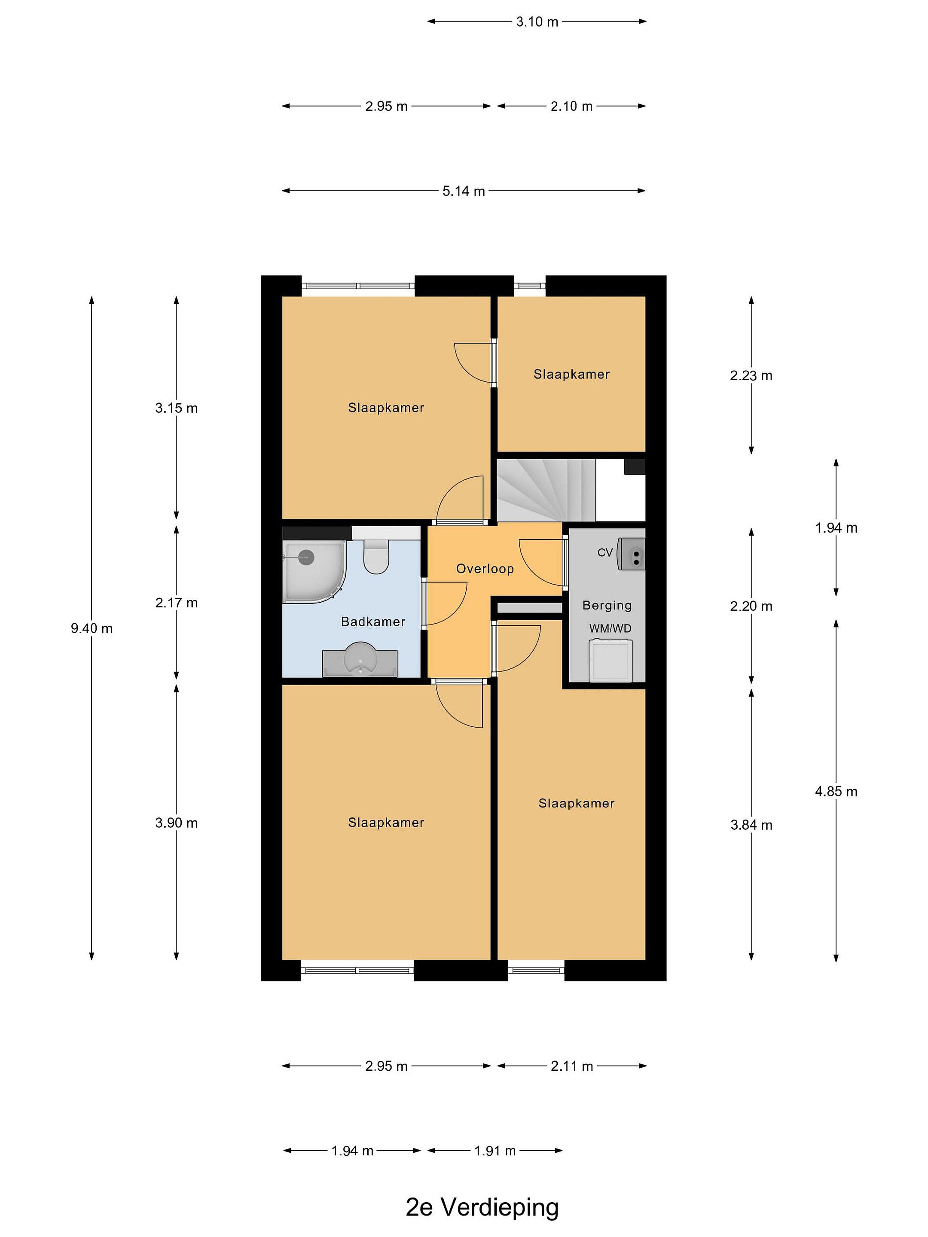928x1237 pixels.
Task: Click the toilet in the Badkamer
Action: pyautogui.click(x=376, y=556)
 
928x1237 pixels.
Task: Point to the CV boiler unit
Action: pyautogui.click(x=631, y=554)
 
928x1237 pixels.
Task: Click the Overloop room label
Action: pyautogui.click(x=485, y=569)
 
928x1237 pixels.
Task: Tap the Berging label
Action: pyautogui.click(x=607, y=605)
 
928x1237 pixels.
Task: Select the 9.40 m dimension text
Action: pyautogui.click(x=92, y=628)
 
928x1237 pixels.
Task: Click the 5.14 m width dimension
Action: pyautogui.click(x=464, y=191)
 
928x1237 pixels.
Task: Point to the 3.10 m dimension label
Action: pyautogui.click(x=537, y=22)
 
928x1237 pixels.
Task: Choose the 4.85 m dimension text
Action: pyautogui.click(x=836, y=791)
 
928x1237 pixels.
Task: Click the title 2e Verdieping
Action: pyautogui.click(x=482, y=1207)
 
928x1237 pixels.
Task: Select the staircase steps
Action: pyautogui.click(x=546, y=490)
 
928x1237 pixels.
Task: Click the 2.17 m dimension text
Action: pyautogui.click(x=177, y=603)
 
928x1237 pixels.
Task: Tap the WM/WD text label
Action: pyautogui.click(x=610, y=628)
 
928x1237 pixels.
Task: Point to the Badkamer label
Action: pyautogui.click(x=373, y=622)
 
